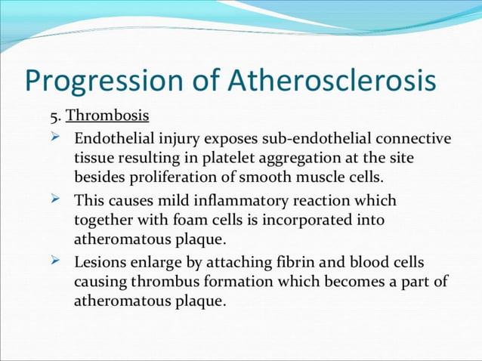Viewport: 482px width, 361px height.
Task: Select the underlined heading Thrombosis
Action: [x=107, y=117]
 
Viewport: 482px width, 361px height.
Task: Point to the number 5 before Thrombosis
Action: [x=54, y=117]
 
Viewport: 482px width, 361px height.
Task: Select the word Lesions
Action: [x=100, y=263]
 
